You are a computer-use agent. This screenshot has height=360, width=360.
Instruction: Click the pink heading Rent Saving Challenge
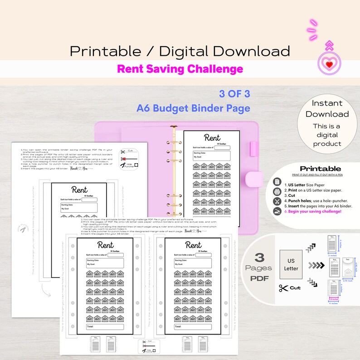pyautogui.click(x=180, y=69)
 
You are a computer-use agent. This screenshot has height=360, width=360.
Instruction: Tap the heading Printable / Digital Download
pyautogui.click(x=180, y=50)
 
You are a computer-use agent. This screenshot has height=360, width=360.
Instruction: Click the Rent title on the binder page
pyautogui.click(x=212, y=137)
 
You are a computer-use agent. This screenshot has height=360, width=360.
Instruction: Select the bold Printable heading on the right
pyautogui.click(x=320, y=169)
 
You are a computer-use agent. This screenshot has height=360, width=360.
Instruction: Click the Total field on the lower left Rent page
pyautogui.click(x=105, y=326)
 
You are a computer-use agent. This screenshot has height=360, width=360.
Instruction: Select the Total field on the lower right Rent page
pyautogui.click(x=193, y=326)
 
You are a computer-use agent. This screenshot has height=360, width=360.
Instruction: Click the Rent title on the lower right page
pyautogui.click(x=193, y=245)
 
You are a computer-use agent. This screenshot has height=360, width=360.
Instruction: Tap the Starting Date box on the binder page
pyautogui.click(x=212, y=156)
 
